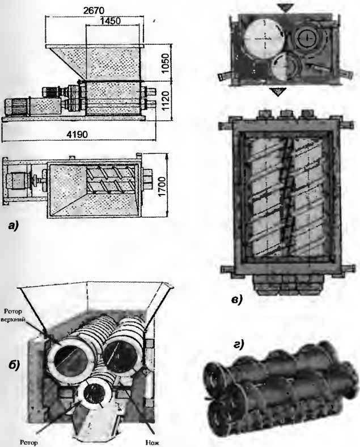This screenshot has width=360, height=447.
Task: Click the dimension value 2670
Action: click(x=94, y=11)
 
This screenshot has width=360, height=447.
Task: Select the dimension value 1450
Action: click(x=110, y=21)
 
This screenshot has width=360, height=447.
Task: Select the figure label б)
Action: click(x=14, y=365)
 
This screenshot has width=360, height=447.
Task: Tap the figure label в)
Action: click(x=236, y=300)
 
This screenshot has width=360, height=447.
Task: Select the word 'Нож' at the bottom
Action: click(x=152, y=442)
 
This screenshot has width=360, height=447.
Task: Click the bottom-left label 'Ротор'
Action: click(x=29, y=442)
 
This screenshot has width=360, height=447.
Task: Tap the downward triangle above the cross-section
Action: click(x=286, y=8)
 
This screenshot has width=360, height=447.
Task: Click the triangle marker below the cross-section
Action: click(x=278, y=92)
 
